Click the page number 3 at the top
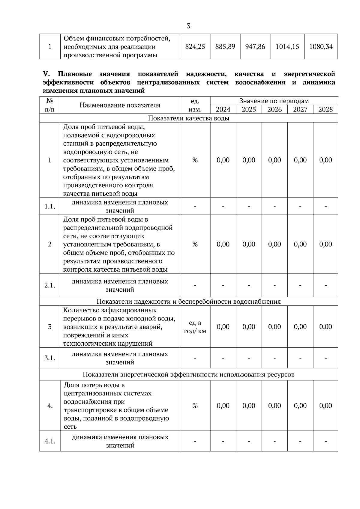pos(188,26)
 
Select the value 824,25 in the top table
pos(195,46)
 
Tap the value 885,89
pos(225,46)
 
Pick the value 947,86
pos(255,46)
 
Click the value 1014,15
pos(287,46)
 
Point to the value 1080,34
pos(321,46)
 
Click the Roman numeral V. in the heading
pos(46,74)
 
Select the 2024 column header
pos(223,109)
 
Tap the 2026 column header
pos(274,109)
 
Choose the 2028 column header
pos(325,109)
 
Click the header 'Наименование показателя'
pos(120,105)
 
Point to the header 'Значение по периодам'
pos(274,101)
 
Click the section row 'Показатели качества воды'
pos(189,118)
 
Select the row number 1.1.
pos(50,206)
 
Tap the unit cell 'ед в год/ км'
pos(195,327)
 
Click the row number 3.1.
pos(50,358)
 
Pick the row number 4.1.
pos(50,441)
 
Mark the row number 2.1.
pos(50,285)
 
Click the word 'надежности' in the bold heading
pos(206,74)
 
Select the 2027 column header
pos(300,109)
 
